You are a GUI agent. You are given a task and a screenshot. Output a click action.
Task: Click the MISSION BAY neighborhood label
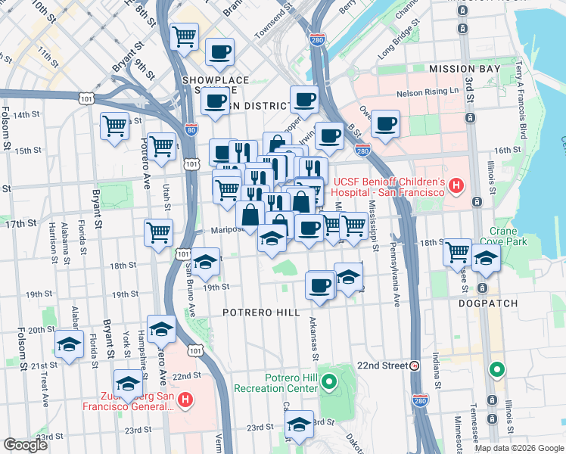465,69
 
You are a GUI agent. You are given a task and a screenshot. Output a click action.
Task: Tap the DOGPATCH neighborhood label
488,303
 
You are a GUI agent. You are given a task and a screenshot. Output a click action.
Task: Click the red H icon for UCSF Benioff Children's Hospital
456,185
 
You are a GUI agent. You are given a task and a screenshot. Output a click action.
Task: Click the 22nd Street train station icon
415,365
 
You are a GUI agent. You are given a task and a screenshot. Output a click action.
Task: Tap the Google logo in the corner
25,444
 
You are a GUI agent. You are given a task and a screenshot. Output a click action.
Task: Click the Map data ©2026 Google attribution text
519,448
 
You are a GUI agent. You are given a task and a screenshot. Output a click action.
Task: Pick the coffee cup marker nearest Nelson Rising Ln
385,124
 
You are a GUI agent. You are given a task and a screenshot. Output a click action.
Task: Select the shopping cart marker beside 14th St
114,126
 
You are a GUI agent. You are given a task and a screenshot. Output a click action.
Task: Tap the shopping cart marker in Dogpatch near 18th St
457,252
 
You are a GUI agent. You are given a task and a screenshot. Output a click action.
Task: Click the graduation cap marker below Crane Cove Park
485,260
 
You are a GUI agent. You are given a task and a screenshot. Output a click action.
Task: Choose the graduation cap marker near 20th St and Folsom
70,345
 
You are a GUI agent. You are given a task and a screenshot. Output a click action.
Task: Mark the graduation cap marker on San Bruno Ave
204,262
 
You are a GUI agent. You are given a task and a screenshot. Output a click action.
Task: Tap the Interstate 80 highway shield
191,129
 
